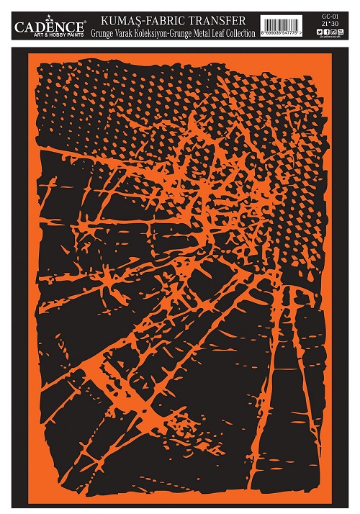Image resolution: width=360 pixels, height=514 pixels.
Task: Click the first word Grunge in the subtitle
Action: [104, 32]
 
